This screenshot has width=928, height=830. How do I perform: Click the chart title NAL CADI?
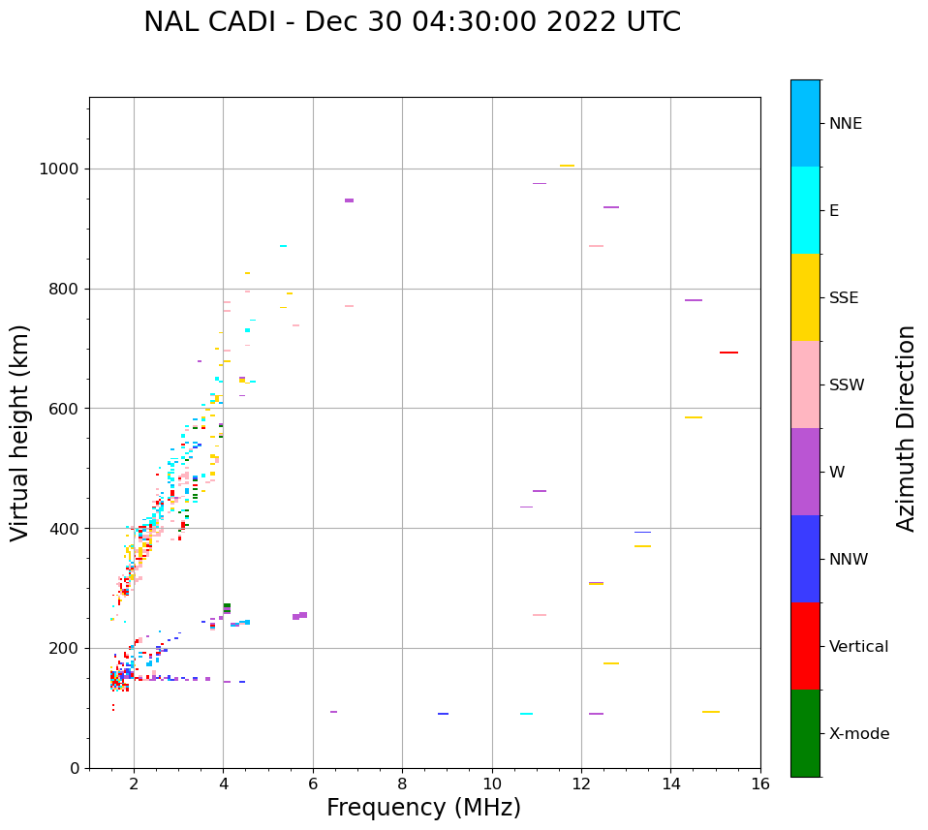pyautogui.click(x=412, y=22)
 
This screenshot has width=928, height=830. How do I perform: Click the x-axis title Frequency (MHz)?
pyautogui.click(x=423, y=808)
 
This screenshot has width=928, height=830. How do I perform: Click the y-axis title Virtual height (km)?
pyautogui.click(x=20, y=433)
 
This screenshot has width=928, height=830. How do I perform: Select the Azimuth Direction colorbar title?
pyautogui.click(x=906, y=428)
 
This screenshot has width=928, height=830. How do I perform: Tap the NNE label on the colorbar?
pyautogui.click(x=845, y=124)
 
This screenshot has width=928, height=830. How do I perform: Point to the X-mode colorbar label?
pyautogui.click(x=859, y=734)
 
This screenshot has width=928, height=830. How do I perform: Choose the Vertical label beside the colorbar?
pyautogui.click(x=858, y=647)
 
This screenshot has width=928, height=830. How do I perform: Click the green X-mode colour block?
pyautogui.click(x=805, y=733)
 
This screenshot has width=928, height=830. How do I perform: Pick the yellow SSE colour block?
pyautogui.click(x=805, y=297)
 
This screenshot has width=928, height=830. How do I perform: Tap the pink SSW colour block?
pyautogui.click(x=805, y=384)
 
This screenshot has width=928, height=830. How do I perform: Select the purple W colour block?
pyautogui.click(x=805, y=472)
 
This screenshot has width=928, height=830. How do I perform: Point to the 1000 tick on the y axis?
pyautogui.click(x=63, y=169)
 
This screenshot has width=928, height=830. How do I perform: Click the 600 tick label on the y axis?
pyautogui.click(x=67, y=409)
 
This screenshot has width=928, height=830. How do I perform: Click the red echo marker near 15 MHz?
pyautogui.click(x=728, y=353)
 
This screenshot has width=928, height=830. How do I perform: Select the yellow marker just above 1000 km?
pyautogui.click(x=567, y=166)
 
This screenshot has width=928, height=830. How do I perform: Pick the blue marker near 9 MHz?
pyautogui.click(x=443, y=714)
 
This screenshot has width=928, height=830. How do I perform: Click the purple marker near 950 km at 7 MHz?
pyautogui.click(x=349, y=200)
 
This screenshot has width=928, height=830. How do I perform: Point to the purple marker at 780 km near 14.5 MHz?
pyautogui.click(x=694, y=300)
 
